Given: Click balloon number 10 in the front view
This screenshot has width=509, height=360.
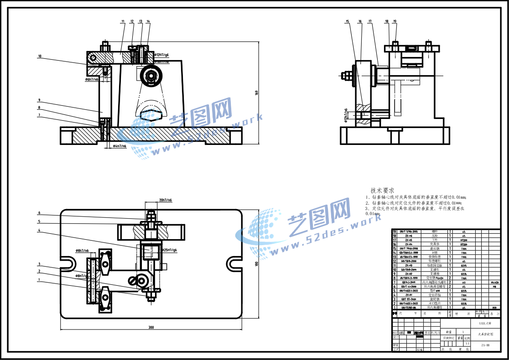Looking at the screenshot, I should point(40,57).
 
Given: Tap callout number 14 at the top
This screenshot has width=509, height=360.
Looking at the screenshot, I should point(148,21).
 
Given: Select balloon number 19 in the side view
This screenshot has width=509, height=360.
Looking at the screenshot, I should point(395,21).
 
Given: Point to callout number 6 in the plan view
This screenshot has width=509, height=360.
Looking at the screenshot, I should point(39,213).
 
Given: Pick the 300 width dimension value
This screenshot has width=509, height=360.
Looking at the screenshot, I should point(151,327).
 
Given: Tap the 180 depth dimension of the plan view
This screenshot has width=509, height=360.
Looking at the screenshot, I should point(256,264).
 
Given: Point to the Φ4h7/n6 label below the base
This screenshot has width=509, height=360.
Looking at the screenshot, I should point(119,146).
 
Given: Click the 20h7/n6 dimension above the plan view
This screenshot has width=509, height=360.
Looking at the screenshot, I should point(166,200).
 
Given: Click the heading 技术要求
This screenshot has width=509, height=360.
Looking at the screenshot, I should point(382,190).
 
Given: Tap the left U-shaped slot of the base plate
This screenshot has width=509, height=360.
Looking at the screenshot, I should point(68,263).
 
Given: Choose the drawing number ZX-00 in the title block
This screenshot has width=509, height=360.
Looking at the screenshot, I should point(485,345).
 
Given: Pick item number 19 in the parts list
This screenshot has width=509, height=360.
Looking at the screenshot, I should point(395,231).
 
